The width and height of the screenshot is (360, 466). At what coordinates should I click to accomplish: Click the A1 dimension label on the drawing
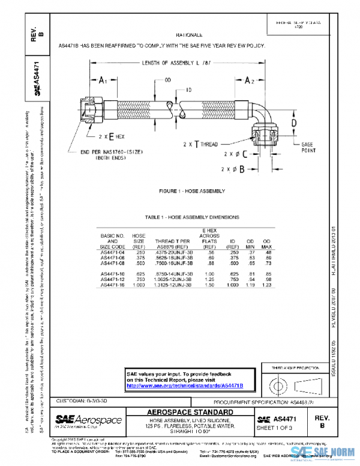(103, 80)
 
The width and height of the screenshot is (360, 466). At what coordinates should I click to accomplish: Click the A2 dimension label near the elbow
(250, 80)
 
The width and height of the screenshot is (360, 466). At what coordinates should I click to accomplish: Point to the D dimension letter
(294, 123)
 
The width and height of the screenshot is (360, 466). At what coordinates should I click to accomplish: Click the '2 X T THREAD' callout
(200, 145)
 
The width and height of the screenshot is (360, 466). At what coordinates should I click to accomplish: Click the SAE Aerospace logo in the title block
(88, 420)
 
